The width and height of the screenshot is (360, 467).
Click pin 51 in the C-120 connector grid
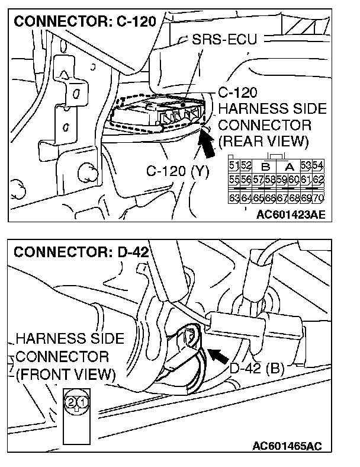[233, 165]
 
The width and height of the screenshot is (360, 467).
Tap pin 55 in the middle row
[233, 179]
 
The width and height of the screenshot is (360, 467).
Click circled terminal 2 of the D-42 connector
[71, 402]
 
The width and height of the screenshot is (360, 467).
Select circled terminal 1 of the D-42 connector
[83, 402]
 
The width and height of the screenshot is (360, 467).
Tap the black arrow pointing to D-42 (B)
[218, 356]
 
